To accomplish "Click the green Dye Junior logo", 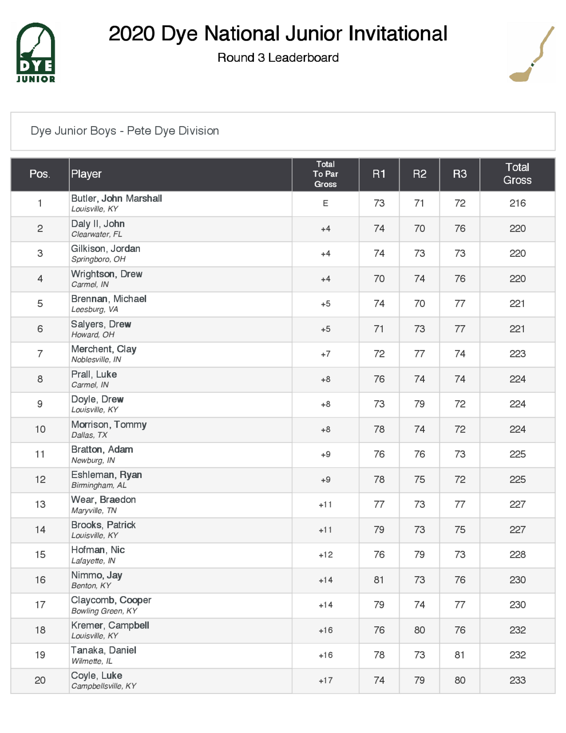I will pyautogui.click(x=36, y=52).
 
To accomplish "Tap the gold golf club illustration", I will pyautogui.click(x=531, y=54).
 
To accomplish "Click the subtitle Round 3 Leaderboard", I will pyautogui.click(x=278, y=58).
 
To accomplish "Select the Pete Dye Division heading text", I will pyautogui.click(x=125, y=131).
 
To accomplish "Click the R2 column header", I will pyautogui.click(x=419, y=174).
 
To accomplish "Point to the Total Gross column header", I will pyautogui.click(x=517, y=174).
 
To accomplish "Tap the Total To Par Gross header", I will pyautogui.click(x=325, y=174).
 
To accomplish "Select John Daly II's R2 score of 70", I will pyautogui.click(x=419, y=229).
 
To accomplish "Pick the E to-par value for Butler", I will pyautogui.click(x=325, y=203).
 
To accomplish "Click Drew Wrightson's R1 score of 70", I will pyautogui.click(x=379, y=279).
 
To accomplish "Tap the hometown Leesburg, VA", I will pyautogui.click(x=95, y=310).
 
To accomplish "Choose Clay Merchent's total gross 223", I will pyautogui.click(x=517, y=354).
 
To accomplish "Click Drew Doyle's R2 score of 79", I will pyautogui.click(x=419, y=404).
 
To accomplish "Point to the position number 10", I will pyautogui.click(x=40, y=429).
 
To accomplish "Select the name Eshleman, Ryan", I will pyautogui.click(x=106, y=475).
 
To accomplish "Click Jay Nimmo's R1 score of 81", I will pyautogui.click(x=379, y=580).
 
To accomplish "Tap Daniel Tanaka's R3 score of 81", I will pyautogui.click(x=459, y=655).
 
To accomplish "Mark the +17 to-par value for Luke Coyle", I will pyautogui.click(x=325, y=680).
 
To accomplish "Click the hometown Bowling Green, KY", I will pyautogui.click(x=104, y=611).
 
